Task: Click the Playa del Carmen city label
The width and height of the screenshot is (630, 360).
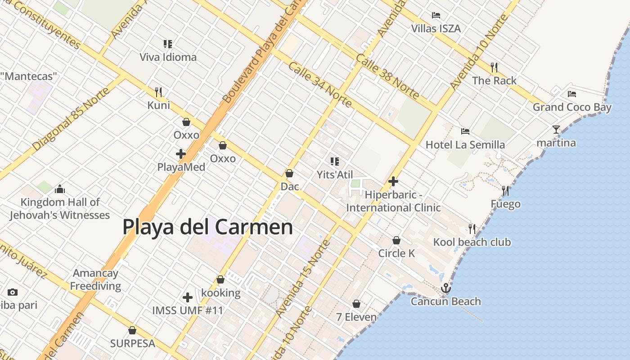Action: pyautogui.click(x=207, y=227)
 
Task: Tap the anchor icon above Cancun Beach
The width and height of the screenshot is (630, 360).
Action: pyautogui.click(x=446, y=288)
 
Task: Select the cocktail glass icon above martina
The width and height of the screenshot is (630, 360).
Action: pyautogui.click(x=556, y=130)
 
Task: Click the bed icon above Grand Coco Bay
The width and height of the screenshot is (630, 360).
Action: pyautogui.click(x=572, y=94)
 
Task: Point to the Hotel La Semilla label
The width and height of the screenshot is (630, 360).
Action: pyautogui.click(x=465, y=145)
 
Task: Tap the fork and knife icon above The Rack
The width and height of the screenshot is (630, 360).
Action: pyautogui.click(x=494, y=67)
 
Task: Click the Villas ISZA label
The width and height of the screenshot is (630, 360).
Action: pyautogui.click(x=436, y=29)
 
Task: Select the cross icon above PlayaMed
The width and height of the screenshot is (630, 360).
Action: pyautogui.click(x=181, y=154)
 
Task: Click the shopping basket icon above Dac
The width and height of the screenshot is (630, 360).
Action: pyautogui.click(x=289, y=173)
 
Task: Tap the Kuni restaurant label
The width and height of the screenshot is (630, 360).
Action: pyautogui.click(x=159, y=105)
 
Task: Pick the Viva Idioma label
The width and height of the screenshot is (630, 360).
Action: pyautogui.click(x=168, y=57)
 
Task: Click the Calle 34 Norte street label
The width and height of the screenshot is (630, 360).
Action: pyautogui.click(x=320, y=85)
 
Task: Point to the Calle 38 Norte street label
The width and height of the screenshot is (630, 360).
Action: pyautogui.click(x=387, y=76)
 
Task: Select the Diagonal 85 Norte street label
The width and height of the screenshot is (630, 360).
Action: pyautogui.click(x=71, y=119)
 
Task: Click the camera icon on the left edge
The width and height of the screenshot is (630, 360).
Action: pyautogui.click(x=13, y=292)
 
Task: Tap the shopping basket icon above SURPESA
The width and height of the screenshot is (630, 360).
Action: pyautogui.click(x=132, y=330)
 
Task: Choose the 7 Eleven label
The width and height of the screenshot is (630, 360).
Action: pyautogui.click(x=356, y=317)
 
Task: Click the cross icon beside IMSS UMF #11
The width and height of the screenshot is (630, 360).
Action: pyautogui.click(x=188, y=297)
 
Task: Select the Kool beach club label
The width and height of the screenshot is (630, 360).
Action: pyautogui.click(x=472, y=242)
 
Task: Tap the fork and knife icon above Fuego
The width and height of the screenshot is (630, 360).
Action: pyautogui.click(x=505, y=191)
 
